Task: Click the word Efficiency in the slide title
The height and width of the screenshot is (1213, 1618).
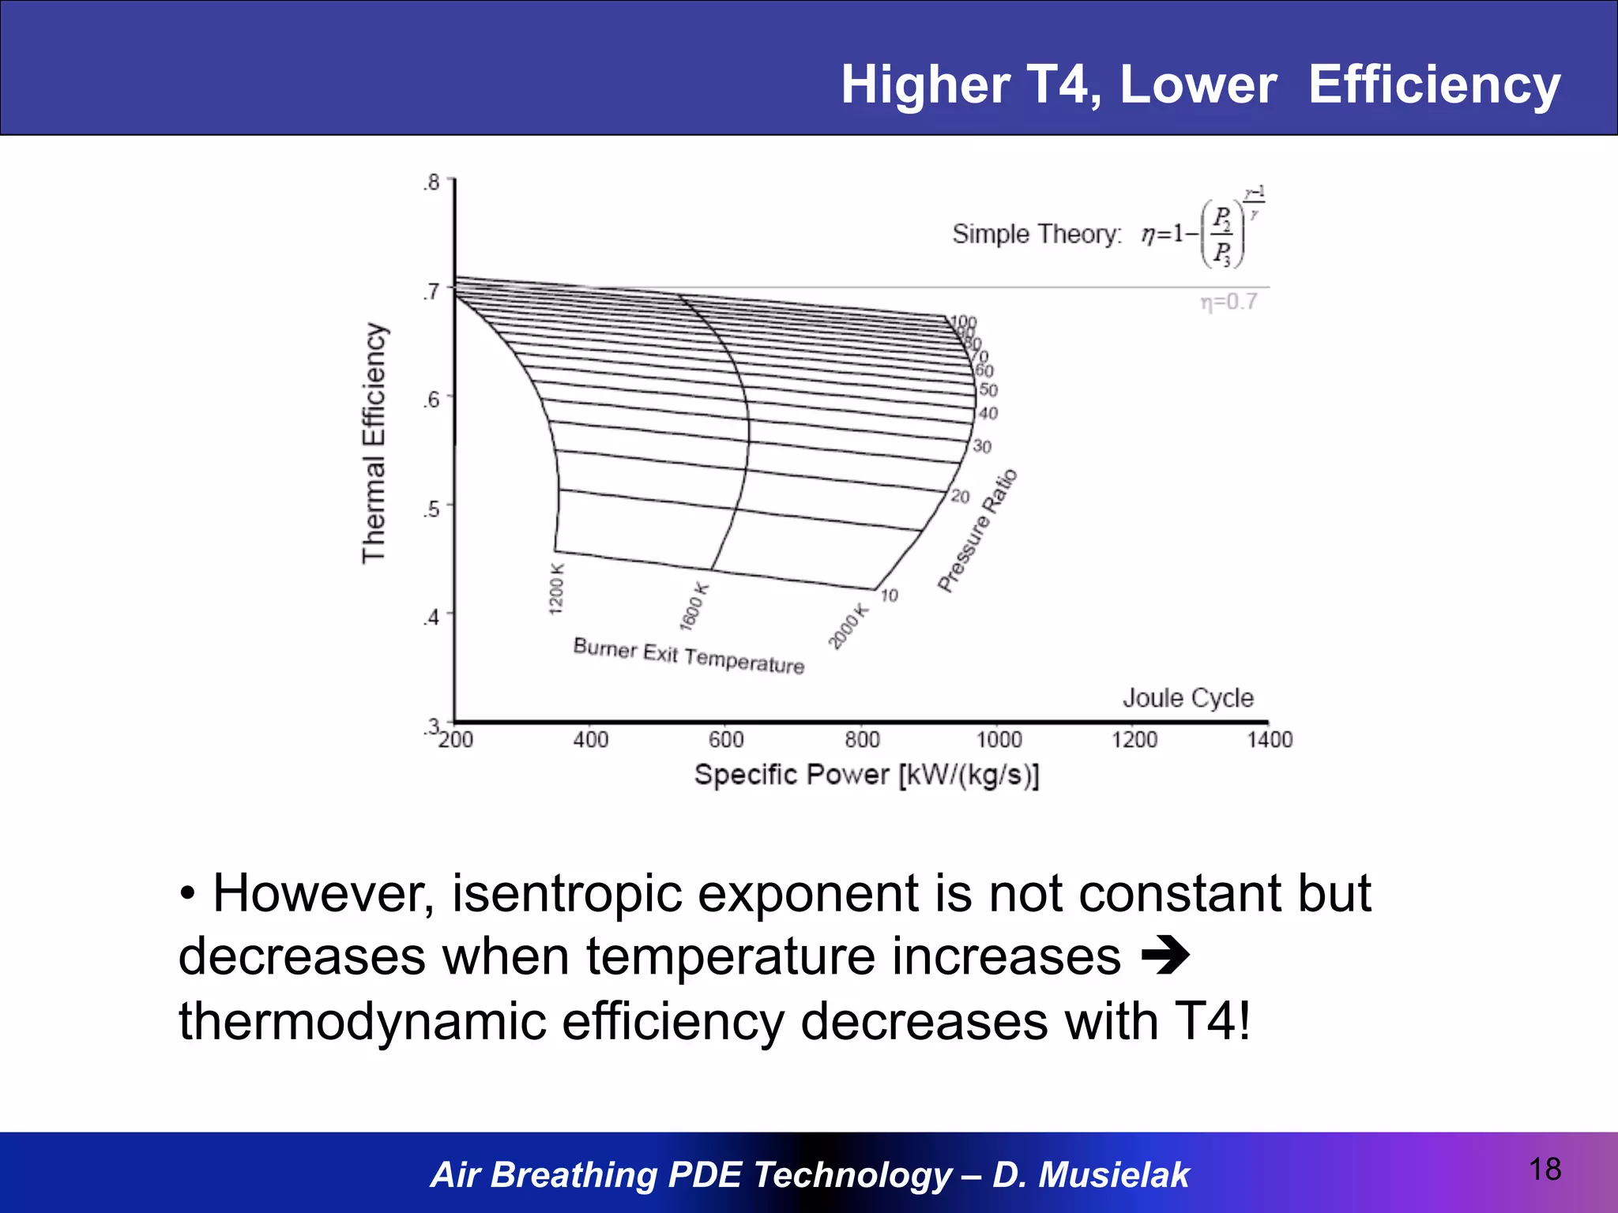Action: tap(1434, 84)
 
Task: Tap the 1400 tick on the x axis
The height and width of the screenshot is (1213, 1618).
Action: tap(1270, 739)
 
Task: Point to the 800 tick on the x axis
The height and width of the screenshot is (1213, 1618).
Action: tap(862, 739)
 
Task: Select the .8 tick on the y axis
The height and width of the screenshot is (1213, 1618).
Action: tap(431, 182)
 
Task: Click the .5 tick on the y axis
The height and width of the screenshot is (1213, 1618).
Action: tap(431, 508)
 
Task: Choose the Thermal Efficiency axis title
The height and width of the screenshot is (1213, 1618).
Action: tap(374, 443)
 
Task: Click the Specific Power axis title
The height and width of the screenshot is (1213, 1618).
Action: tap(867, 775)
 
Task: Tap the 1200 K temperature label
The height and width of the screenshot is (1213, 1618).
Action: tap(556, 589)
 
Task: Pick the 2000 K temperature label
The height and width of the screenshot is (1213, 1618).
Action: tap(848, 626)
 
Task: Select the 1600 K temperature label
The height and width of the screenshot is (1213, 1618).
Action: tap(694, 606)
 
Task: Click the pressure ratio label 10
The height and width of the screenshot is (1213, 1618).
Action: tap(889, 595)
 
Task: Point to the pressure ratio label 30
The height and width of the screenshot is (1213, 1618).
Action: tap(982, 446)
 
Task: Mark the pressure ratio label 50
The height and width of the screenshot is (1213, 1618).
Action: tap(988, 390)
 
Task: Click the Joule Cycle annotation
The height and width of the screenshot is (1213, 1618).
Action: tap(1187, 698)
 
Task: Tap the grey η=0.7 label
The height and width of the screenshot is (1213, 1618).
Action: tap(1229, 302)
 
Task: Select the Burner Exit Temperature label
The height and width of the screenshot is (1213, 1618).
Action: tap(688, 656)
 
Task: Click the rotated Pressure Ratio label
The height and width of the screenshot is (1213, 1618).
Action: tap(977, 530)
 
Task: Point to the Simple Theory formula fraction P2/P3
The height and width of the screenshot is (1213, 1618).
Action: tap(1222, 235)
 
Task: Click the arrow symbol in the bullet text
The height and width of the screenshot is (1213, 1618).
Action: tap(1166, 957)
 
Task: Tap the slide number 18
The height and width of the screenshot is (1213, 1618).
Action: tap(1545, 1170)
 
